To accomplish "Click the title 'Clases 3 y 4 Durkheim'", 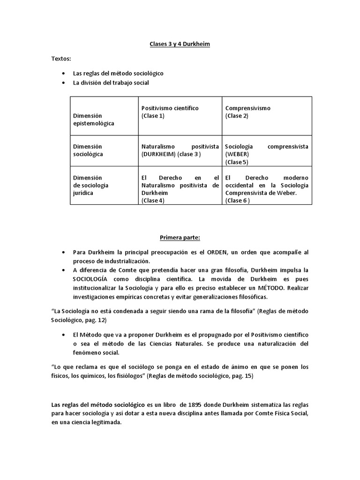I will pos(180,44).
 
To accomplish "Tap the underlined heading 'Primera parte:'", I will pos(180,237).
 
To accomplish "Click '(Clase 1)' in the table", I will pos(153,116).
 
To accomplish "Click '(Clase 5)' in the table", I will pos(237,162).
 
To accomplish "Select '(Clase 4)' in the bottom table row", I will pos(153,200).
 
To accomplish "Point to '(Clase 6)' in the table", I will pos(238,200).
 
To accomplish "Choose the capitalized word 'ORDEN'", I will pos(213,253).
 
